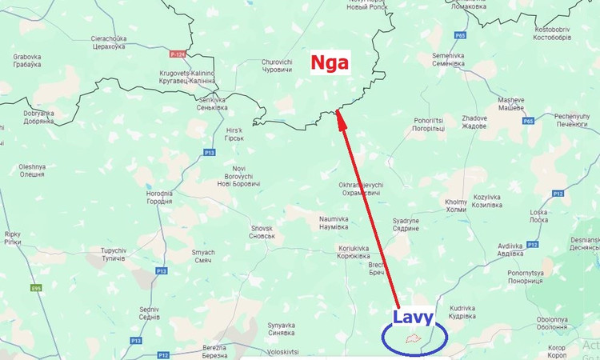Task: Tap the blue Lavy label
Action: click(413, 317)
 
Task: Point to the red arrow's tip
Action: click(338, 111)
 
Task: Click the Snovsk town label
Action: click(262, 232)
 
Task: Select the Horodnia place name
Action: click(158, 197)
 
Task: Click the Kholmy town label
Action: click(455, 206)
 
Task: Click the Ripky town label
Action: click(13, 238)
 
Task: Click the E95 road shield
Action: click(35, 288)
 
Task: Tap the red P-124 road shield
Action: click(178, 54)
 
